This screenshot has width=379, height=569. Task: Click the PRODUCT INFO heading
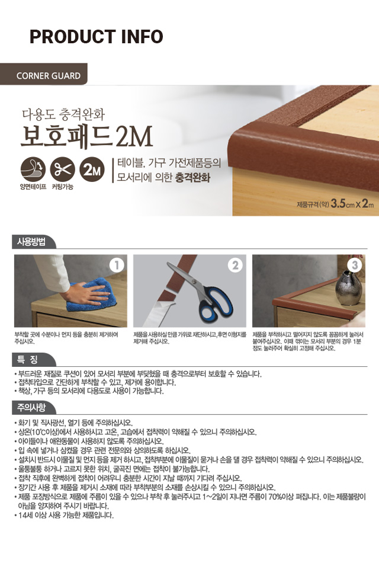[96, 37]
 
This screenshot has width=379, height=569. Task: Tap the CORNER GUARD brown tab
[44, 74]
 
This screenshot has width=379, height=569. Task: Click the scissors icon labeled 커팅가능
[62, 169]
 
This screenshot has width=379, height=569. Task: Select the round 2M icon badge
[92, 169]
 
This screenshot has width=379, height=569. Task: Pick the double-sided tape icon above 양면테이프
[33, 169]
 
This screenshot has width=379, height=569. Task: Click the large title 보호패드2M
[86, 137]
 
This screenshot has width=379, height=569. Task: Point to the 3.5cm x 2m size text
[352, 203]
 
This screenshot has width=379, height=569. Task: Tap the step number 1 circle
[117, 266]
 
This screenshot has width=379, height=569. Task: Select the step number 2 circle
[235, 266]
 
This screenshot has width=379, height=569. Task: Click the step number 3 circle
[355, 266]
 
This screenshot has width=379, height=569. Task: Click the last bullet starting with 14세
[64, 515]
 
